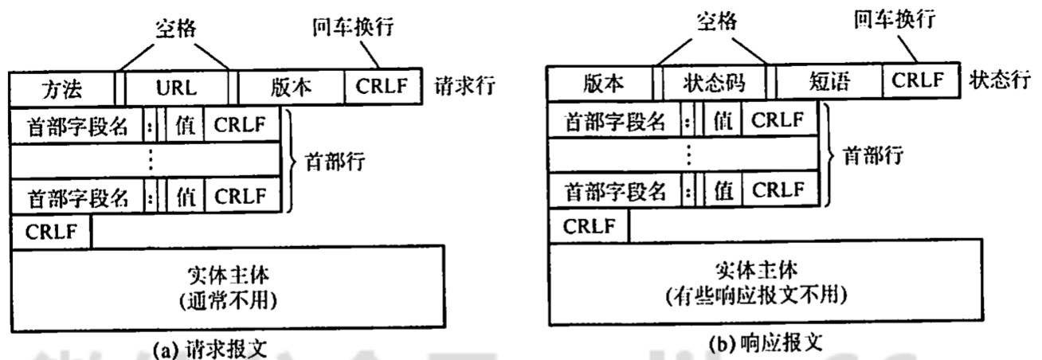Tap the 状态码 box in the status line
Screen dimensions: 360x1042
(x=713, y=83)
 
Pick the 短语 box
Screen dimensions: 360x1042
(x=831, y=83)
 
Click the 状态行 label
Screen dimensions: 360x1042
(x=997, y=82)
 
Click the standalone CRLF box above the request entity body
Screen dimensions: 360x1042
(x=50, y=232)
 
